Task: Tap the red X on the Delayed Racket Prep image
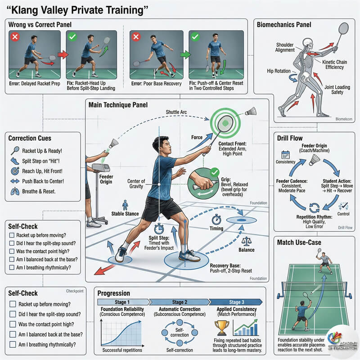[14, 36]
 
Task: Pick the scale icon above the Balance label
[247, 241]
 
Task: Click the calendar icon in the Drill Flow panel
[284, 154]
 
